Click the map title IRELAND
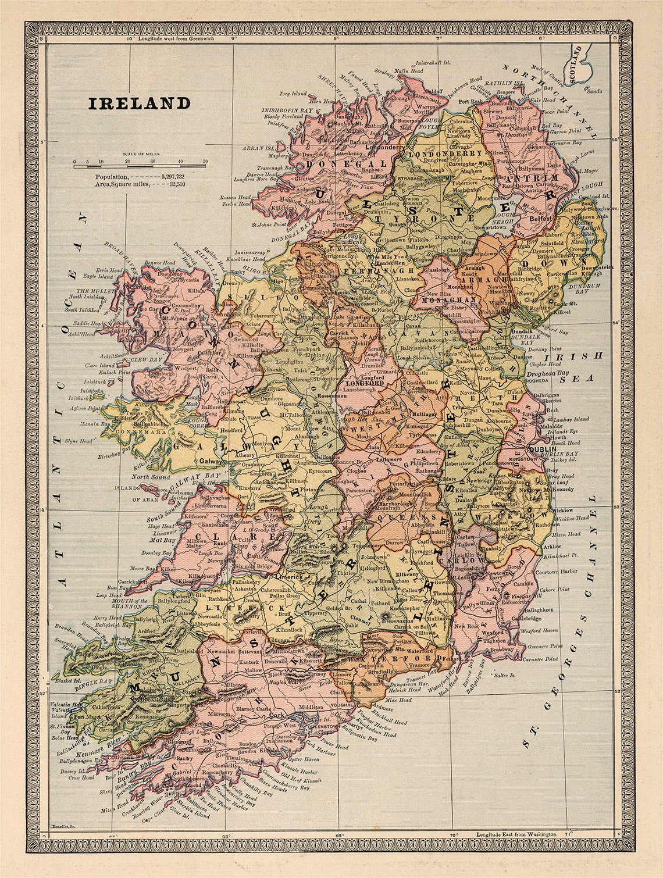[139, 103]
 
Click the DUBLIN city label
[542, 449]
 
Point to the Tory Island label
[293, 93]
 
